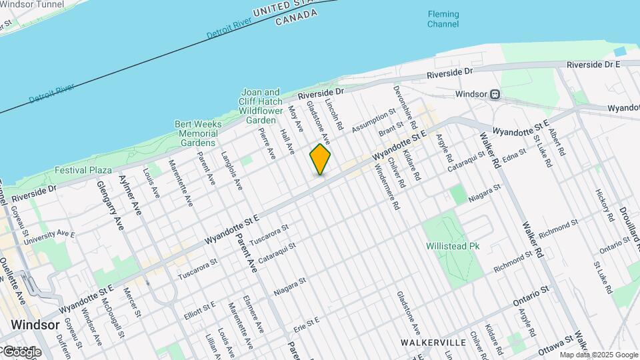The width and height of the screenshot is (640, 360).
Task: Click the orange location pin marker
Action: pyautogui.click(x=320, y=159)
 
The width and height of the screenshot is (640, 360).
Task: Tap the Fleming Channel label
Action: pyautogui.click(x=443, y=19)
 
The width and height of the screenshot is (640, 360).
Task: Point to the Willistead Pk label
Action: pyautogui.click(x=453, y=245)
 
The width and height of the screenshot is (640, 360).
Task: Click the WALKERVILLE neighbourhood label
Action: pyautogui.click(x=433, y=342)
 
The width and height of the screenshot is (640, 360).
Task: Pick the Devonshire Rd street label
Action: pyautogui.click(x=405, y=107)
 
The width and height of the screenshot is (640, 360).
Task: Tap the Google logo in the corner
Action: pyautogui.click(x=21, y=351)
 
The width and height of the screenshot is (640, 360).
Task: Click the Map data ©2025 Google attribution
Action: pyautogui.click(x=599, y=355)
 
